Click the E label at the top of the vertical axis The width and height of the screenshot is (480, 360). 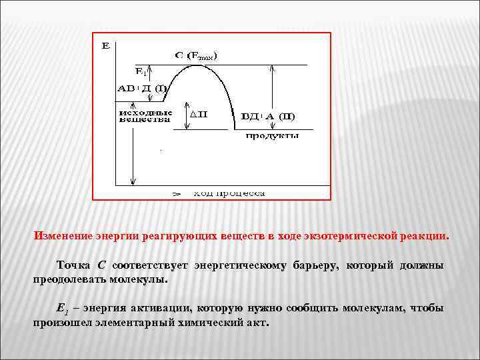pos(105,46)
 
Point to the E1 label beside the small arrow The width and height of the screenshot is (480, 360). pos(141,71)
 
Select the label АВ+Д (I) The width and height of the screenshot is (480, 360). pos(142,88)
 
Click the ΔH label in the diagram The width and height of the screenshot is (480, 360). pos(199,114)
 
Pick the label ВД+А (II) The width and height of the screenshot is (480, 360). pos(268,117)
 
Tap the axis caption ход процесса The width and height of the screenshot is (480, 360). pos(229,193)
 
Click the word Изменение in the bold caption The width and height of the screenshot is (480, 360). pos(61,236)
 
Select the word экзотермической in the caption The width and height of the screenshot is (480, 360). pos(352,236)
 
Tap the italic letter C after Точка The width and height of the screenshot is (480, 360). pos(101,265)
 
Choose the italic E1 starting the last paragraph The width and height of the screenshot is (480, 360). pos(62,308)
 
